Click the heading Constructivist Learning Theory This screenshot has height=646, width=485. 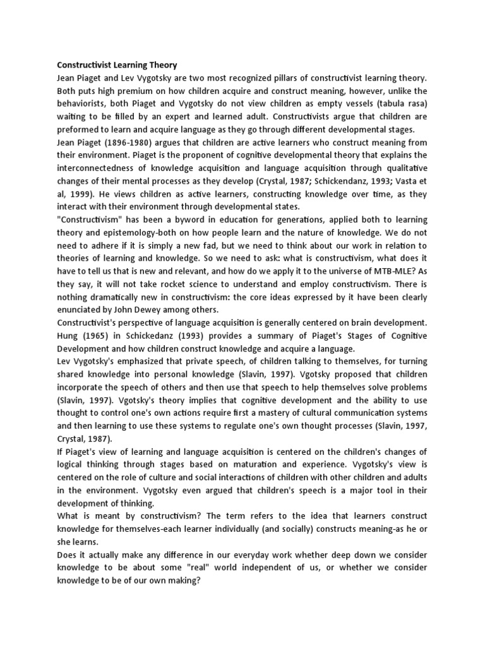(x=117, y=64)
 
